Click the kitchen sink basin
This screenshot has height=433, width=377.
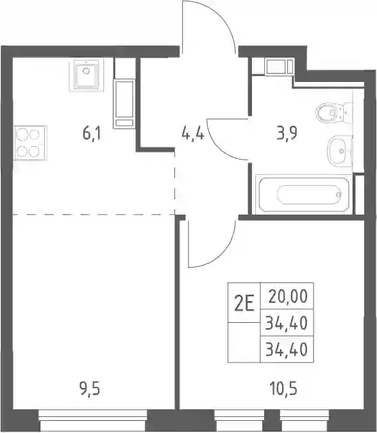click(x=86, y=74)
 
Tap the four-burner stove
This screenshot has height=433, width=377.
click(x=29, y=143)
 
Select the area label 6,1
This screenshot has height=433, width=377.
click(x=92, y=135)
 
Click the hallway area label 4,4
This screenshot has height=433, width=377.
click(x=192, y=135)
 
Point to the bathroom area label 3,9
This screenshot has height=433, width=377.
click(x=287, y=134)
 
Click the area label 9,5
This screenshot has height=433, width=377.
click(x=89, y=389)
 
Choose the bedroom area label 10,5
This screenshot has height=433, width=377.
click(x=283, y=389)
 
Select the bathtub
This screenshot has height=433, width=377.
click(x=303, y=195)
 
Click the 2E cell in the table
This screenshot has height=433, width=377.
click(x=244, y=302)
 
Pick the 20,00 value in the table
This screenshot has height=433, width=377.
click(x=288, y=297)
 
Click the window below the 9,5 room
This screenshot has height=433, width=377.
click(x=93, y=420)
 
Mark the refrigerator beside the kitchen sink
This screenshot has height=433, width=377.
click(x=124, y=104)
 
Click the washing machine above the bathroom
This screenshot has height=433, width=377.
click(x=279, y=66)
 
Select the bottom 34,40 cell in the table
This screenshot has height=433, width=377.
click(x=287, y=349)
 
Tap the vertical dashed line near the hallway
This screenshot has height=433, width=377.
click(x=174, y=183)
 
